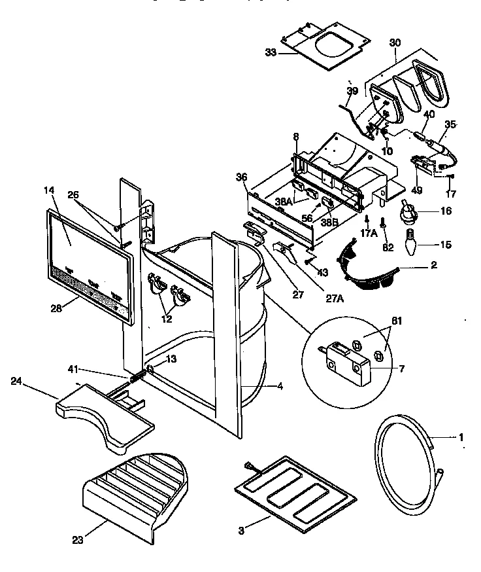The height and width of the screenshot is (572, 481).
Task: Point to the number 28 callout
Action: (55, 308)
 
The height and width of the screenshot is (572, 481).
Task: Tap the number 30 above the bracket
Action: (395, 42)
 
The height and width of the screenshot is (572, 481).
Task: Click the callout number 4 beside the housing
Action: (279, 386)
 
